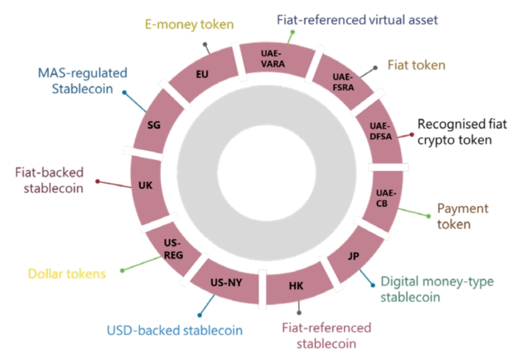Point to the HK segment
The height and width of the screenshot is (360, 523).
point(296,286)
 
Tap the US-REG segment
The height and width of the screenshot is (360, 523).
point(173,249)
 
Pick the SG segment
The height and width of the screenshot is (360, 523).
point(154,125)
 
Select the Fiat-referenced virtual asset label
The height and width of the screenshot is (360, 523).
point(357,20)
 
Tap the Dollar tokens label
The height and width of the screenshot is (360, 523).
point(67,274)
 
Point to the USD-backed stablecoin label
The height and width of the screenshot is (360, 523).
point(174,331)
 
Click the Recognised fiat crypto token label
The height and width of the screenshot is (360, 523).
point(462,132)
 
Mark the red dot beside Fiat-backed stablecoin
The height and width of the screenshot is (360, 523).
point(97,181)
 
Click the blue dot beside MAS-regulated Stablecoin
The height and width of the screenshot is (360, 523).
point(124,92)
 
